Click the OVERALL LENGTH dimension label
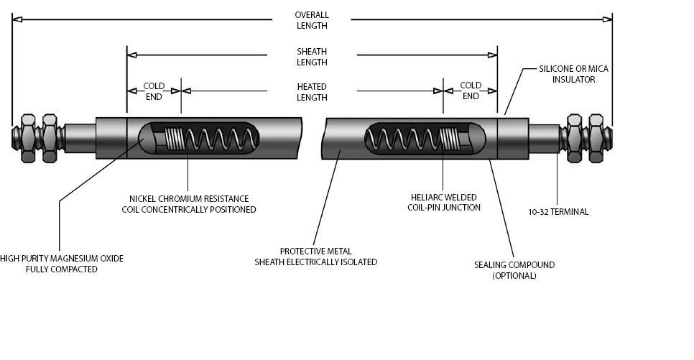click(x=311, y=20)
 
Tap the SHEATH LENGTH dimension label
click(x=312, y=57)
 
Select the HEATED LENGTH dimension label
click(x=312, y=92)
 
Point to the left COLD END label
click(x=154, y=91)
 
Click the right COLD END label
click(x=471, y=91)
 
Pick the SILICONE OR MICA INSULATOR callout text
click(x=573, y=74)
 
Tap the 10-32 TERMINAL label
click(x=558, y=212)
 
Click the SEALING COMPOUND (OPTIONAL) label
click(x=514, y=270)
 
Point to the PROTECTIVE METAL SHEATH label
click(x=315, y=257)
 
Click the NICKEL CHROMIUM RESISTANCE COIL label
click(x=189, y=204)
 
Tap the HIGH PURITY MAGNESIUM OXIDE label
click(x=62, y=264)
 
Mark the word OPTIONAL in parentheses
click(x=514, y=276)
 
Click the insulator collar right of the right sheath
click(x=513, y=138)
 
